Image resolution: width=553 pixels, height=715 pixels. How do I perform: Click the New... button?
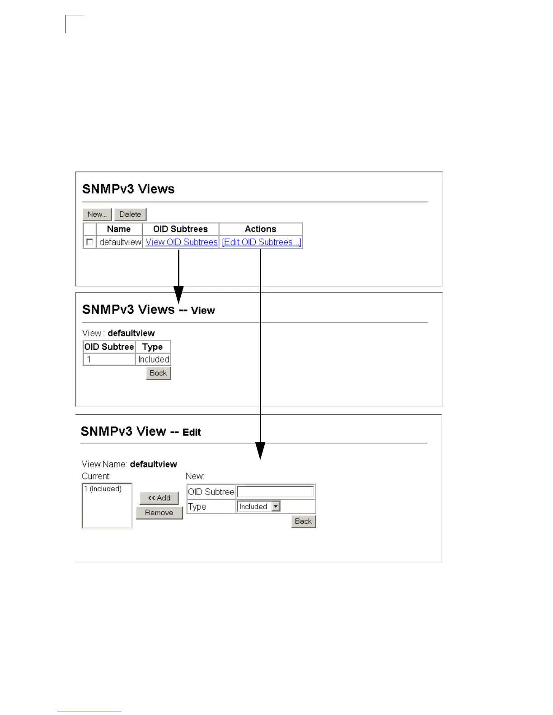point(97,214)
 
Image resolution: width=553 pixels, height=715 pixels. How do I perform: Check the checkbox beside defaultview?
point(89,242)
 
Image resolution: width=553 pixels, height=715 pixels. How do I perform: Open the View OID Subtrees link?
point(182,242)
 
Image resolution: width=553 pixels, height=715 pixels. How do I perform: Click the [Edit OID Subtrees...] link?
point(261,242)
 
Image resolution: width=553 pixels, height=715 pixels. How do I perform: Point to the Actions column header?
point(260,229)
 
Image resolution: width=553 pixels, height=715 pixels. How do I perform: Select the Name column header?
point(119,229)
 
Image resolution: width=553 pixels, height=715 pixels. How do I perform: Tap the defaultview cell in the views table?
point(120,242)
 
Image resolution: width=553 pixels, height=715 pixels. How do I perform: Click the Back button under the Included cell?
point(158,373)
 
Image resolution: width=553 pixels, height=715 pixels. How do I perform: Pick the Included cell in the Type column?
point(154,359)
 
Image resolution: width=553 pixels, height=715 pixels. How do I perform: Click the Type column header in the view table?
point(152,347)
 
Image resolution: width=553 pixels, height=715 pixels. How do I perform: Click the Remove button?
point(159,513)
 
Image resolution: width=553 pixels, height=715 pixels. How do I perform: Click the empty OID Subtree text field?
point(275,492)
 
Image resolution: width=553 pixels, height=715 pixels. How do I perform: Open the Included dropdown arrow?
point(276,506)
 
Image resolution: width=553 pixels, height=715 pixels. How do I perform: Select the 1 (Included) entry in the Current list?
point(103,489)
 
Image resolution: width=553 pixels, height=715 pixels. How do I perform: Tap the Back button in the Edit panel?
point(303,521)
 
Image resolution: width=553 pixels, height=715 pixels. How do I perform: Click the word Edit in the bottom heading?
point(192,432)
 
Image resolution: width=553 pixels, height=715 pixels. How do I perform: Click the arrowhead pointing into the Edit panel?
point(260,450)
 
